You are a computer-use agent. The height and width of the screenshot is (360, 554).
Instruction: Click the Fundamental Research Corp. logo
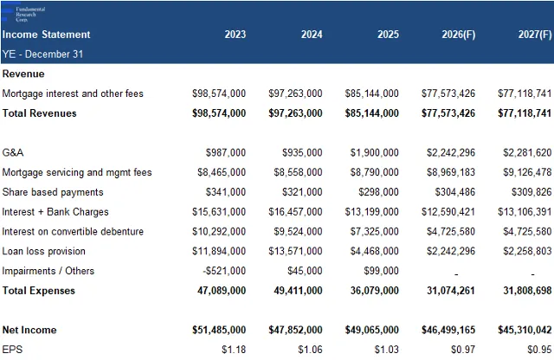23,14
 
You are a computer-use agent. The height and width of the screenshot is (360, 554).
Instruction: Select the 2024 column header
312,35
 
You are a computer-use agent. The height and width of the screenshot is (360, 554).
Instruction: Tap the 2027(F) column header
535,35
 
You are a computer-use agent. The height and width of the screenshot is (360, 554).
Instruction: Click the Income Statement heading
46,35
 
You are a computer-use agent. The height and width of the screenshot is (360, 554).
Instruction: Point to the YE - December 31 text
42,54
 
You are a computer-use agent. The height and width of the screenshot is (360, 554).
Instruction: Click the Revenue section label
23,74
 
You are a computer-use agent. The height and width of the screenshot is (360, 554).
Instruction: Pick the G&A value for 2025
375,152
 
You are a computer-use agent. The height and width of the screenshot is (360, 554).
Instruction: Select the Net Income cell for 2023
219,330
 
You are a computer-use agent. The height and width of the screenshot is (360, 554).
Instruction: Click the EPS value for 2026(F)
463,350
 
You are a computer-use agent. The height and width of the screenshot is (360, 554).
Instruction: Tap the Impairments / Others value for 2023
224,271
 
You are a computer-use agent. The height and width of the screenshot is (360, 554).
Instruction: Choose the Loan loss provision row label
44,251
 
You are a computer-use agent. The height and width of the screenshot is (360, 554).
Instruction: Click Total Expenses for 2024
298,291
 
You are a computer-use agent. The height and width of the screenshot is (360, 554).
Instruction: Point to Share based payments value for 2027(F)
531,192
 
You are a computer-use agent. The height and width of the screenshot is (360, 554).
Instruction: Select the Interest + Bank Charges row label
55,212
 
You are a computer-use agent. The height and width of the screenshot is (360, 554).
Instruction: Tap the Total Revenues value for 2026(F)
448,113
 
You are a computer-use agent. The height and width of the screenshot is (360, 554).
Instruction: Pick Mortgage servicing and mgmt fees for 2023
222,172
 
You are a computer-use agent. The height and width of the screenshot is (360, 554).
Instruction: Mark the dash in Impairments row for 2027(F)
532,274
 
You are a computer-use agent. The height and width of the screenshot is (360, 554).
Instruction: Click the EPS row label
12,350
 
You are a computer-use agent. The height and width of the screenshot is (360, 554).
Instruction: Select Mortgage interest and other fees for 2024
295,93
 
